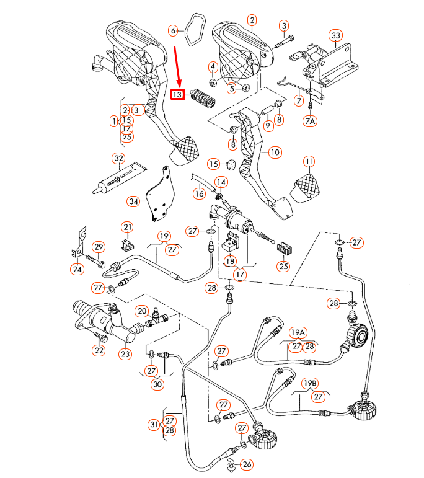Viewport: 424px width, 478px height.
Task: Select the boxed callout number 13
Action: [x=177, y=95]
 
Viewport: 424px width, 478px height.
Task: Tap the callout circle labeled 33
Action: [x=336, y=35]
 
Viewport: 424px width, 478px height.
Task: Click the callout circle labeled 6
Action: [x=174, y=30]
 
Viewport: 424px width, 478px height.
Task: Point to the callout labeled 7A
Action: [x=310, y=122]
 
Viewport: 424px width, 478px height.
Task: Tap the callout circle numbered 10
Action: [x=275, y=152]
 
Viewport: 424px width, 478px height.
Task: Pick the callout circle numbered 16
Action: [x=198, y=193]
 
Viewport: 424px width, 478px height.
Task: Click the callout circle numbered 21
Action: [x=127, y=227]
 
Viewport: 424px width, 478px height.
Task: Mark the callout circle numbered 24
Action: [x=77, y=269]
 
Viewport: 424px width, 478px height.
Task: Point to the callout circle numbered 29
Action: [x=98, y=247]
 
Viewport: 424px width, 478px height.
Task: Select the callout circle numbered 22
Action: [x=99, y=350]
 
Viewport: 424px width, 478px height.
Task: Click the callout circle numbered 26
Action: [x=247, y=464]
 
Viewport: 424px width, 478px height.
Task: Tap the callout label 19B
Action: [x=309, y=384]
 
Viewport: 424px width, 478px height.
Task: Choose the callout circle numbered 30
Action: [x=157, y=384]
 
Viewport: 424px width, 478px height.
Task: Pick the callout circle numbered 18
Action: [x=230, y=261]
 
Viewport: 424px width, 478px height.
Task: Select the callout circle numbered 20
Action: [x=142, y=311]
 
